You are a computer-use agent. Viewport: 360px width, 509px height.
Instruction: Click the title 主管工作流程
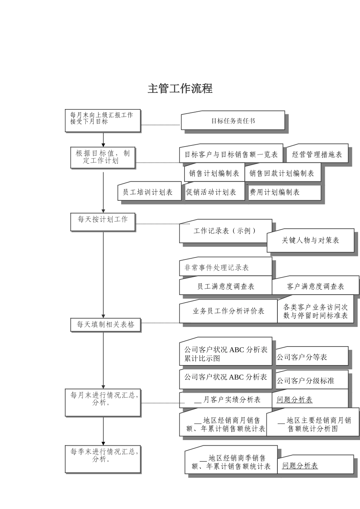click(x=180, y=89)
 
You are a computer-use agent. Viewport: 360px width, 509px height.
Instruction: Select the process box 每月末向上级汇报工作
click(x=103, y=120)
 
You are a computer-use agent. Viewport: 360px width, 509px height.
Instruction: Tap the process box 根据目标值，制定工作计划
click(x=103, y=157)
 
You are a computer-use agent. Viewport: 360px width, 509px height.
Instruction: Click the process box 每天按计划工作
click(x=103, y=222)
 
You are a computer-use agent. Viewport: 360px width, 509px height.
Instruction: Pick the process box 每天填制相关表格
click(x=105, y=325)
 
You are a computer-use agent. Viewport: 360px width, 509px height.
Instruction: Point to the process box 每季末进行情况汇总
click(x=103, y=459)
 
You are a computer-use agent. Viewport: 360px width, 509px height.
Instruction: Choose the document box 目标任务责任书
click(x=233, y=121)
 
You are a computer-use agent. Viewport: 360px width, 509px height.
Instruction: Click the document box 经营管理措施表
click(x=317, y=154)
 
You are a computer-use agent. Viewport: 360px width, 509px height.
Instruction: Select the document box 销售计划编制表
click(x=214, y=173)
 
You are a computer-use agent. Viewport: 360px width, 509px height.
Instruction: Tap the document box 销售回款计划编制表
click(x=282, y=173)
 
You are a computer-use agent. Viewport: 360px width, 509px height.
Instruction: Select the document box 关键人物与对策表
click(x=310, y=240)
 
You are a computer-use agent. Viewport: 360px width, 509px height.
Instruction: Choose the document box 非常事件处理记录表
click(x=225, y=267)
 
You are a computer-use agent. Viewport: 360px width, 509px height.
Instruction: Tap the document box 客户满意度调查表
click(x=315, y=286)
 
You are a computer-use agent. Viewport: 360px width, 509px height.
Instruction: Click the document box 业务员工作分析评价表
click(x=228, y=311)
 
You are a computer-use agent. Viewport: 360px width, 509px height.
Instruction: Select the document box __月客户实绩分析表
click(x=227, y=400)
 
